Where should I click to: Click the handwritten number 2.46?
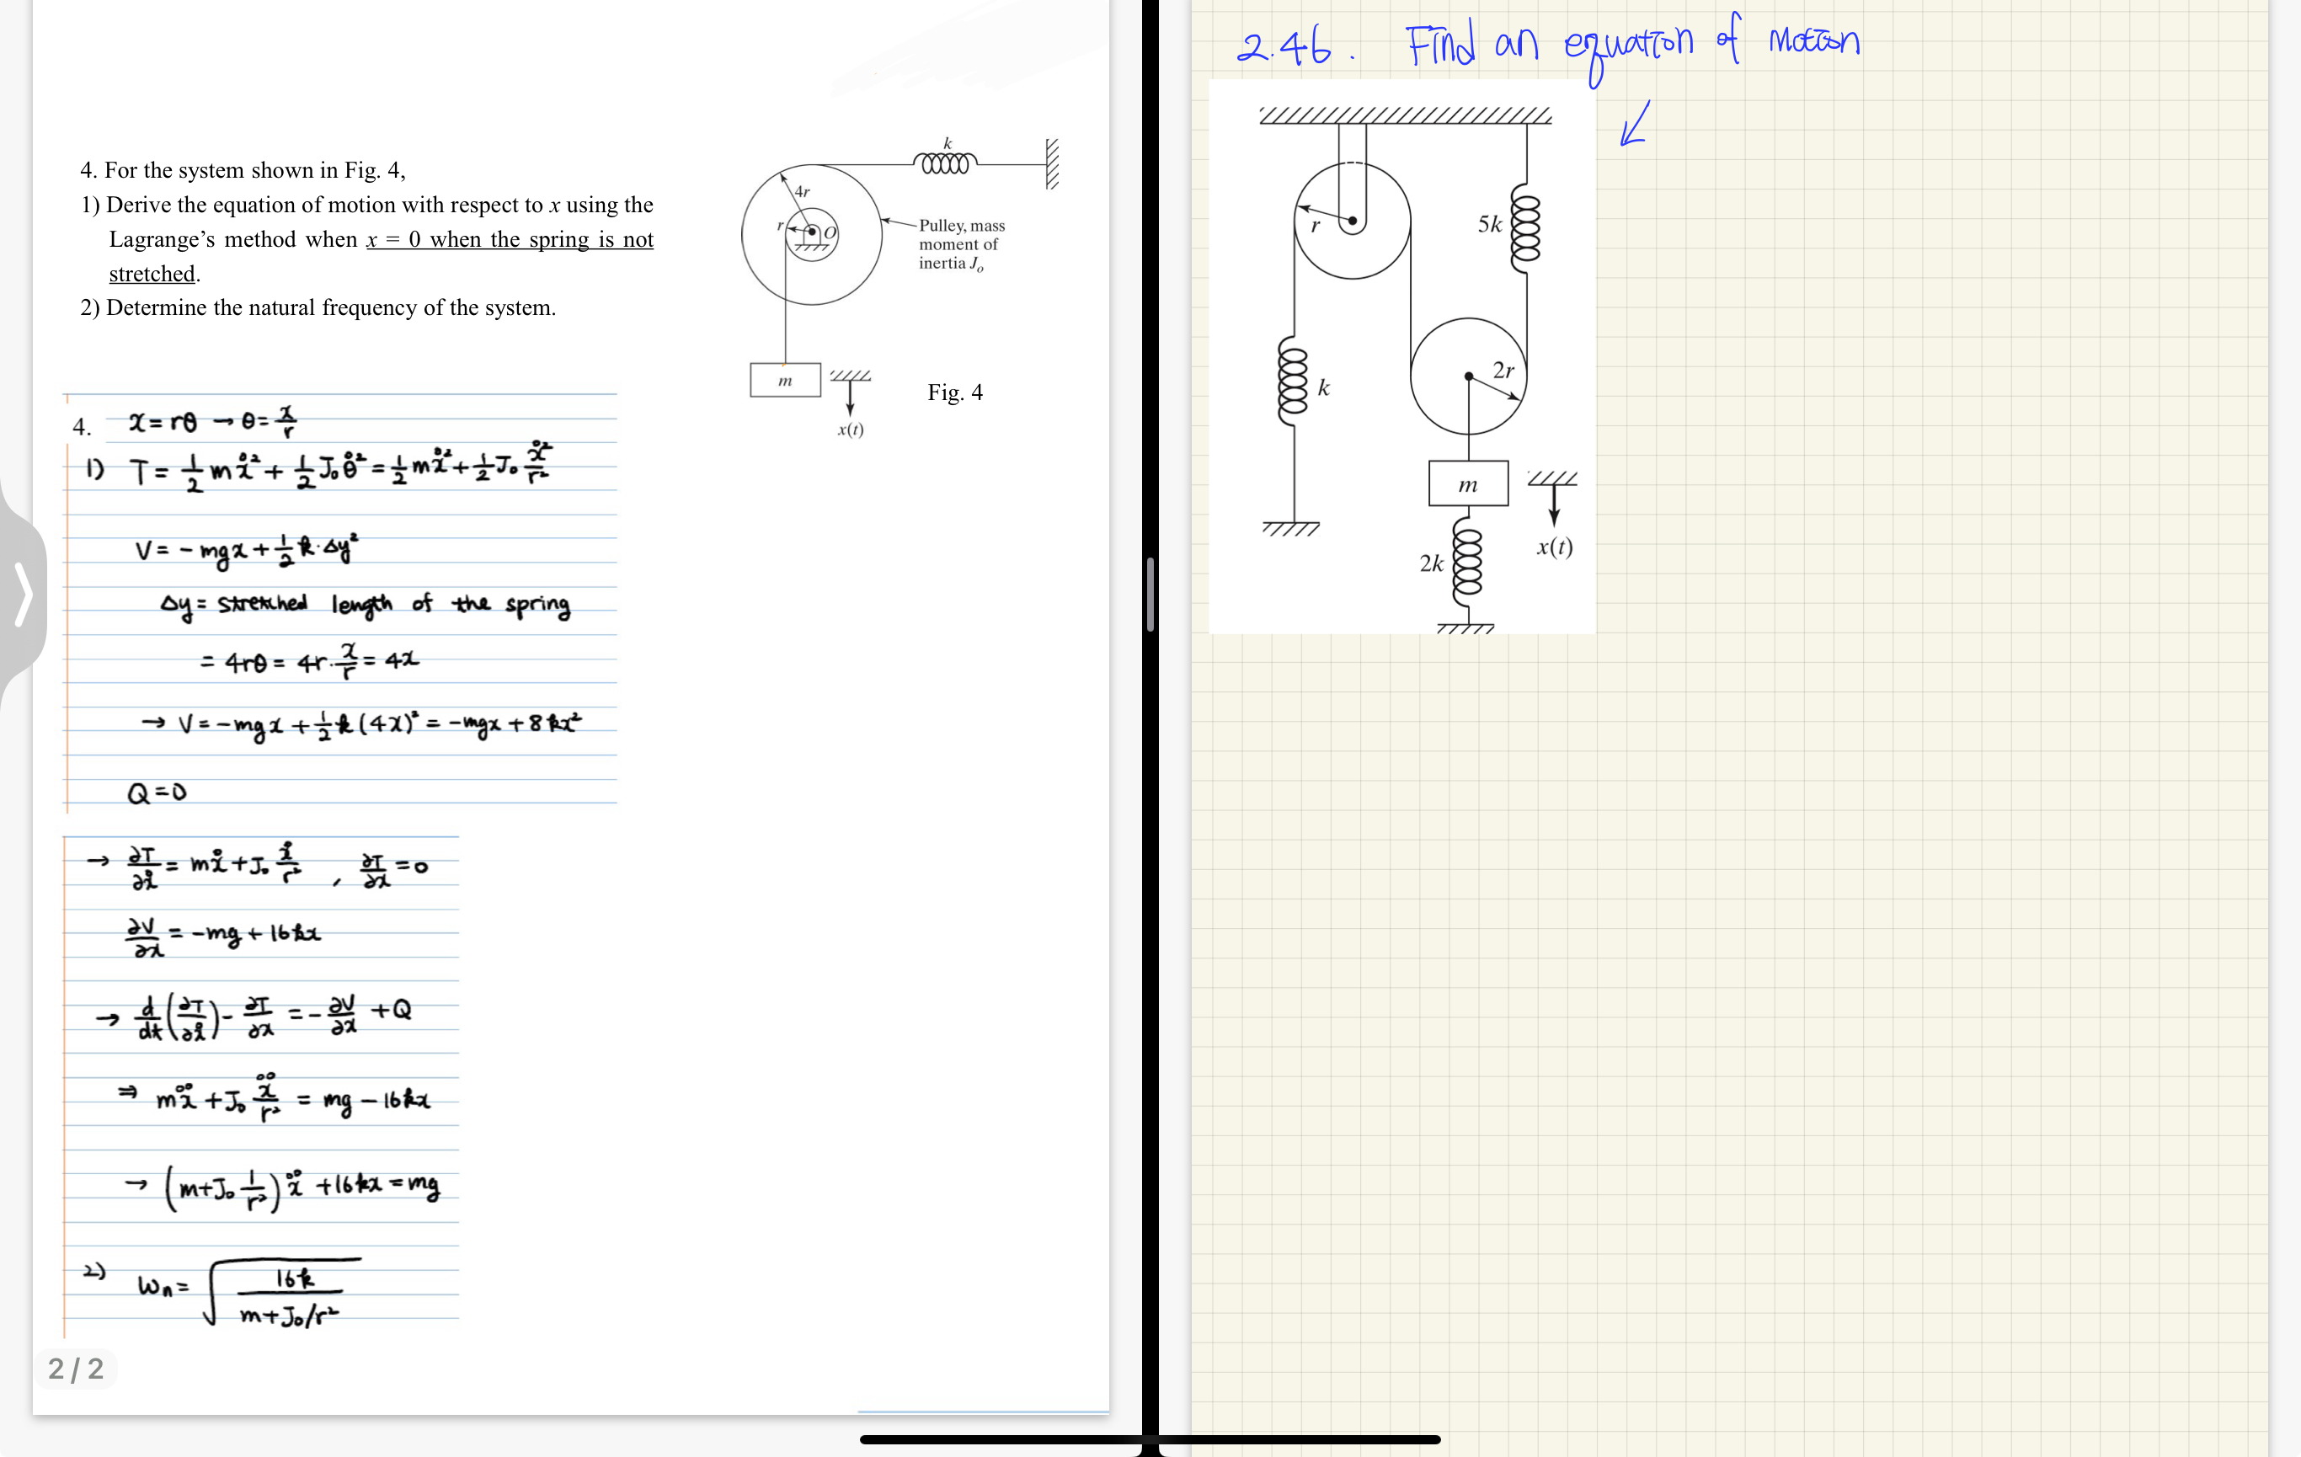[1284, 45]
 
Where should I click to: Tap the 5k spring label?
[1490, 225]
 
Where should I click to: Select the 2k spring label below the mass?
[1430, 563]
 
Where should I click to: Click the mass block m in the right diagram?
[1468, 483]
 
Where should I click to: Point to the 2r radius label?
[1503, 370]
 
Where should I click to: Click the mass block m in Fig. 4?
[784, 381]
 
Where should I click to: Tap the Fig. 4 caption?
[954, 392]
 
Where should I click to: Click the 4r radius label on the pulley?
[802, 191]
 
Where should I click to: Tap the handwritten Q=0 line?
[157, 792]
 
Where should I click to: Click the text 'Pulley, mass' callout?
[961, 226]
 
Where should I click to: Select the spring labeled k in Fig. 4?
[945, 163]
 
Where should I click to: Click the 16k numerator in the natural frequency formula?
[293, 1278]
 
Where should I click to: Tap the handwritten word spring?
[537, 605]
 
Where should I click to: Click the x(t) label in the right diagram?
[1555, 547]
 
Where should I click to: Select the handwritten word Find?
[1439, 44]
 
